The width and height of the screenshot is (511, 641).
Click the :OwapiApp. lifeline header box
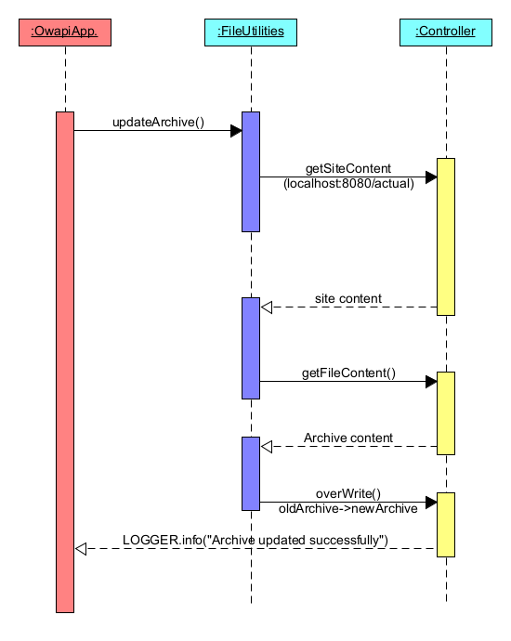[65, 33]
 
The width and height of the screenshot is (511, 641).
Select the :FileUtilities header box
[251, 33]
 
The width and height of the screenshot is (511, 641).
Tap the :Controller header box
[446, 33]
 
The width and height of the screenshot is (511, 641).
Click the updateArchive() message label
[158, 122]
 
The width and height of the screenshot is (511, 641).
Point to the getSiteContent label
[348, 169]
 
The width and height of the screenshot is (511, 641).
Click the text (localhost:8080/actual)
[348, 184]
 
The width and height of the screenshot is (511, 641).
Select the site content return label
[348, 299]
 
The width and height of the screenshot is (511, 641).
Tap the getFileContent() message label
[348, 373]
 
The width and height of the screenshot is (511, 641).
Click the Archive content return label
[348, 438]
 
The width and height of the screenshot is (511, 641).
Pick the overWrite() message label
[348, 494]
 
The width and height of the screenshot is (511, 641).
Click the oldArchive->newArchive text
[348, 508]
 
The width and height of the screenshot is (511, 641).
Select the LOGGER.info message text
[255, 540]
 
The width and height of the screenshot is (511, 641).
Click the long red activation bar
[65, 362]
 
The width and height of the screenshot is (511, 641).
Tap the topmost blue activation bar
[251, 172]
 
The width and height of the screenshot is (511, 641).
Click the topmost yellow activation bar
[446, 237]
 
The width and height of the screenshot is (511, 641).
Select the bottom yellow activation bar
[446, 525]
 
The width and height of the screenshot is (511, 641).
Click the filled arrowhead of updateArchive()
[236, 131]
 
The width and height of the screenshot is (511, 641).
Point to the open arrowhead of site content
[266, 307]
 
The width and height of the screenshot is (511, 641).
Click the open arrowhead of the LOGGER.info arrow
[80, 549]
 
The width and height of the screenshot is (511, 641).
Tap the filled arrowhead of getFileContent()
[431, 382]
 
